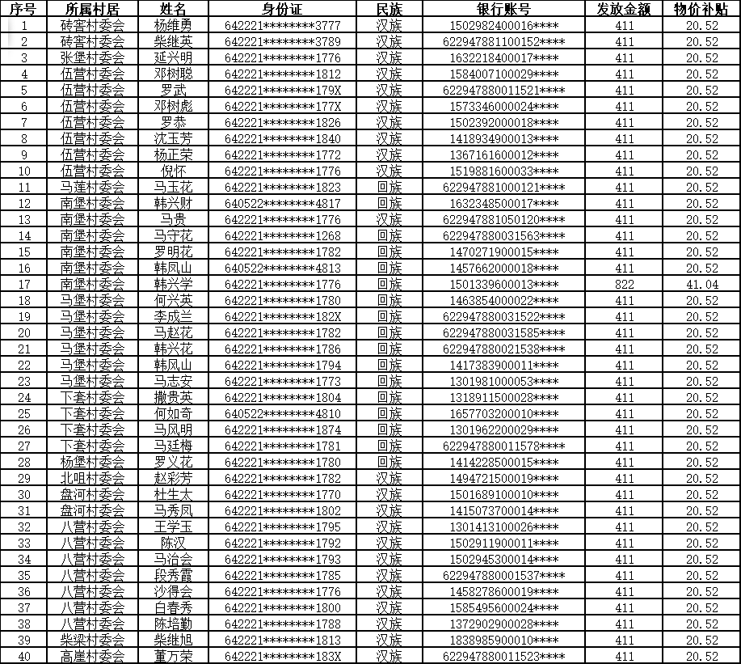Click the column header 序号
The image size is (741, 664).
(24, 9)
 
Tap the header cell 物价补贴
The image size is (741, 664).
(701, 9)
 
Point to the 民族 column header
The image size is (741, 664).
(389, 9)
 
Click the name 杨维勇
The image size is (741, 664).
(173, 25)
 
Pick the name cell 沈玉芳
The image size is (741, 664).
(173, 138)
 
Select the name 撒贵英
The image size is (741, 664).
(173, 397)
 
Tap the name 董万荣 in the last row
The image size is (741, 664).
(173, 656)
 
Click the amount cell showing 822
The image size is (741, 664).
(625, 284)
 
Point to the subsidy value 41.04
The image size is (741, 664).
(701, 284)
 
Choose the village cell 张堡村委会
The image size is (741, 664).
(93, 57)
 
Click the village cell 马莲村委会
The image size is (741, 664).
(93, 187)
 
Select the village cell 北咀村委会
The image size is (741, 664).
(93, 478)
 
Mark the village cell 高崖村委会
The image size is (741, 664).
(93, 656)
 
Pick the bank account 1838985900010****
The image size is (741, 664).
(503, 640)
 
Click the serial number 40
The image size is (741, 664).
(24, 656)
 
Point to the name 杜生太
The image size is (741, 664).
(173, 494)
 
